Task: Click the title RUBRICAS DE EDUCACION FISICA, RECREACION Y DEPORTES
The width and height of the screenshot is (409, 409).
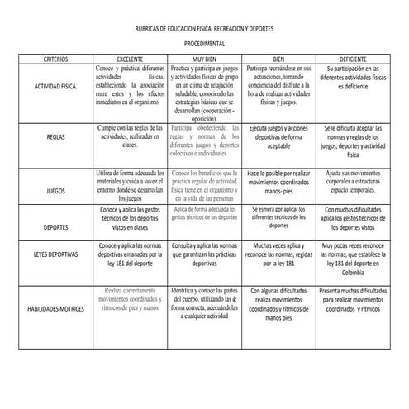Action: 203,28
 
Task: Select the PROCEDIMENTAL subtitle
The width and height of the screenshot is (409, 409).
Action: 203,44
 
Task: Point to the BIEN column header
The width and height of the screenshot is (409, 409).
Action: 278,59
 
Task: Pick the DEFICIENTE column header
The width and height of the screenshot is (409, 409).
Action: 352,59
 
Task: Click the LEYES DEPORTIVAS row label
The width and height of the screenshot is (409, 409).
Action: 56,255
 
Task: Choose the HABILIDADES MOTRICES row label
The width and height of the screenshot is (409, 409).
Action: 56,307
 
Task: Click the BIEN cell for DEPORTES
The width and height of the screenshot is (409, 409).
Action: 278,219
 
